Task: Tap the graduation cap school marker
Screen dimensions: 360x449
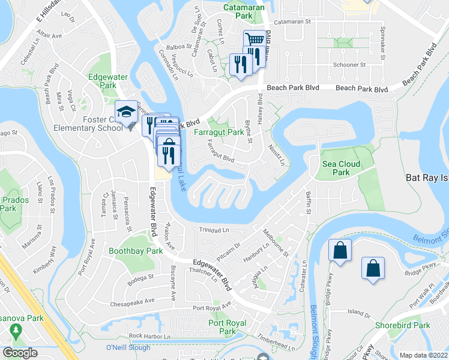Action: [x=127, y=112]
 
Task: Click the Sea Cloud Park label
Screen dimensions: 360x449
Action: [x=341, y=168]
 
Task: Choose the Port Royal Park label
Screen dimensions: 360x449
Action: [x=227, y=327]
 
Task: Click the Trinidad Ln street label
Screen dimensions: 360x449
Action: [x=214, y=230]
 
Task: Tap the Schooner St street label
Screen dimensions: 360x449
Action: [x=349, y=64]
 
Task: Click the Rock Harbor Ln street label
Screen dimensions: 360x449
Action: [x=146, y=336]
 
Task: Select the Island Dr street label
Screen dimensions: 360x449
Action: [x=359, y=312]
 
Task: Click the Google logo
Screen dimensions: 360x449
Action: [x=20, y=352]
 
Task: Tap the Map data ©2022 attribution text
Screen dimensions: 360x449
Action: [x=423, y=355]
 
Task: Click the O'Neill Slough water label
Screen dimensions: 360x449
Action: [x=128, y=347]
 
